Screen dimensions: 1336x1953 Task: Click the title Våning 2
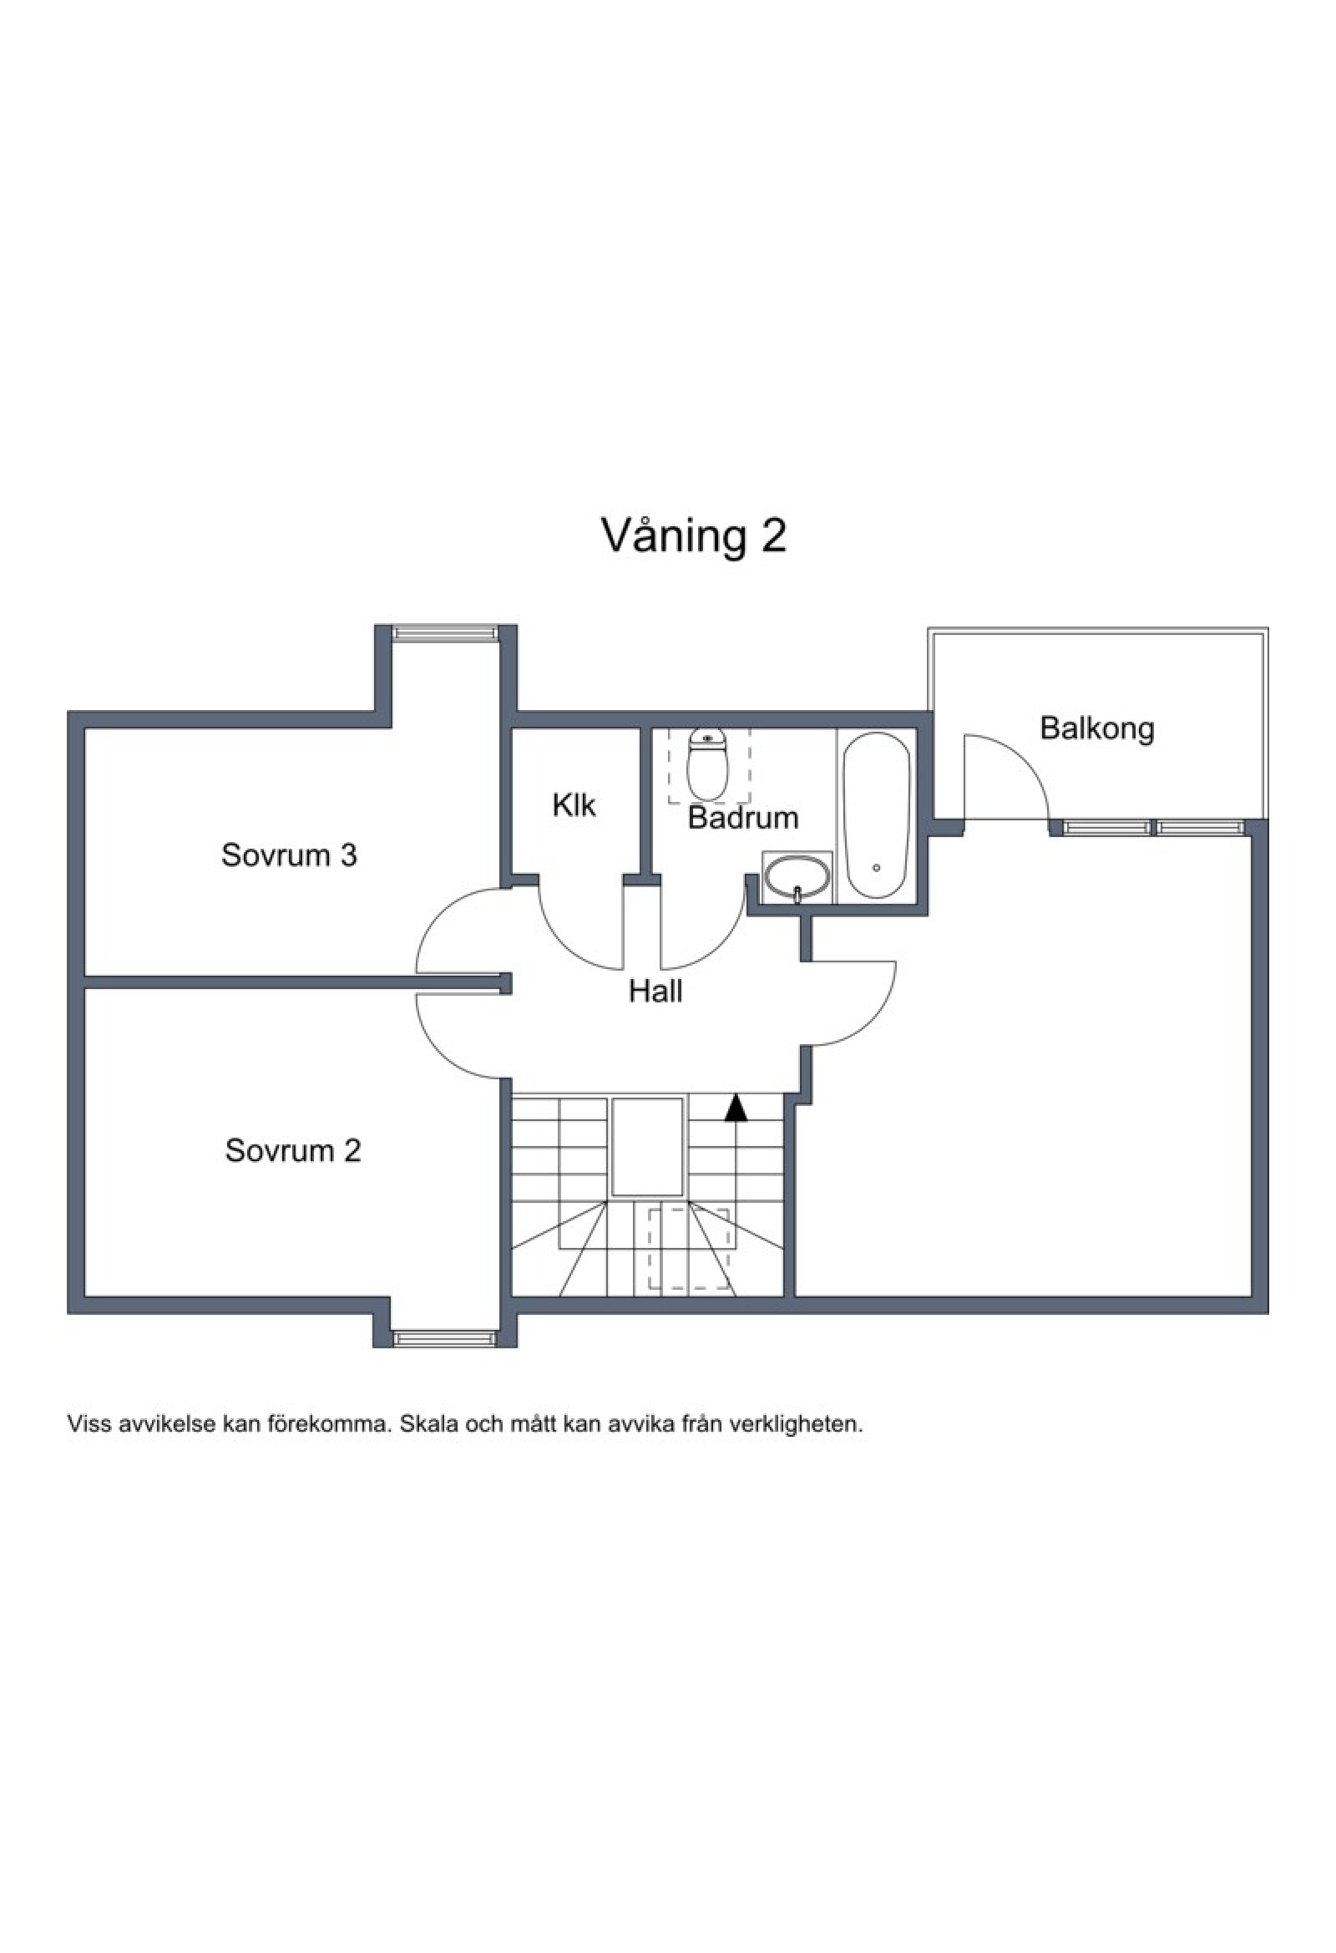694,535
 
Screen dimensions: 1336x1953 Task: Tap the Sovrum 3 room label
289,855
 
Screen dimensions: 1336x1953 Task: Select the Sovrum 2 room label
292,1149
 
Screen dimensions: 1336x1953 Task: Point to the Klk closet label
574,805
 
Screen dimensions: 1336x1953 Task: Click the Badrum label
743,818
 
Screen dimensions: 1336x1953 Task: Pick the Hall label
655,992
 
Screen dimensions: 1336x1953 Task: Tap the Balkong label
1097,728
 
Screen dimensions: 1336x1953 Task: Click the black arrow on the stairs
736,1108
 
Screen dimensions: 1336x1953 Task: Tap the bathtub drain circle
877,866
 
